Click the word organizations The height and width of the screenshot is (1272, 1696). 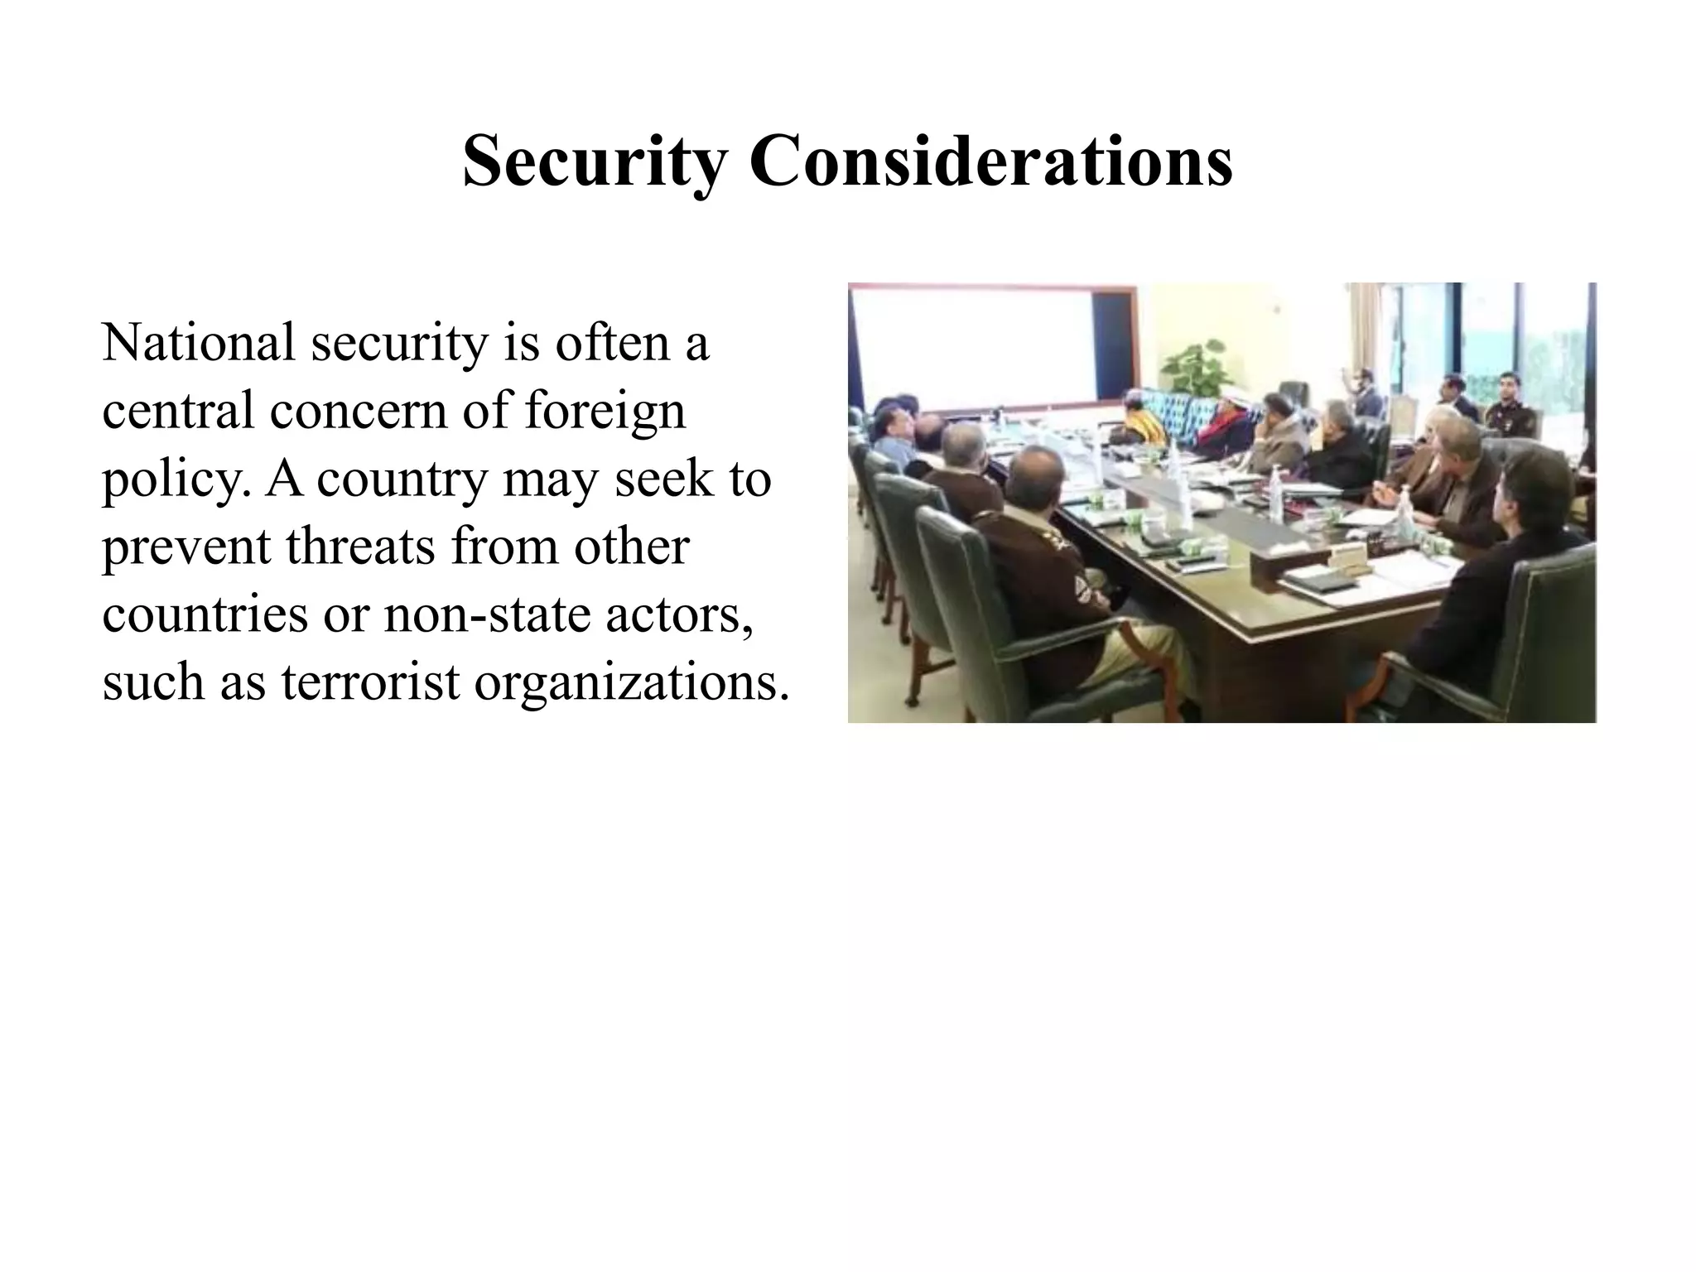[x=631, y=684]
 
